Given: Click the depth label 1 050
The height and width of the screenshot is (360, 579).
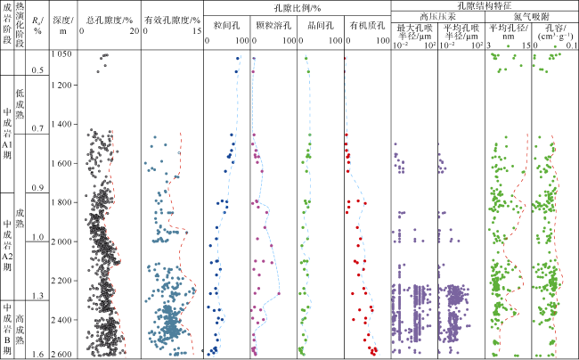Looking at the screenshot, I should coord(61,54).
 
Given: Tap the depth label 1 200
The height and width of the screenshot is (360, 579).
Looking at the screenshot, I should coord(61,85).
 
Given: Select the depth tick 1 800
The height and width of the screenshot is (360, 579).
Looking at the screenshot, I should coord(61,202).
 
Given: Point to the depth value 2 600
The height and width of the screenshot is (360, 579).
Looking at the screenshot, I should coord(61,355).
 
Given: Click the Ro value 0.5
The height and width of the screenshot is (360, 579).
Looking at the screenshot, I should coord(38,70).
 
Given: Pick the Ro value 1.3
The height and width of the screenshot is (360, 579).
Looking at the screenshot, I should coord(38,296).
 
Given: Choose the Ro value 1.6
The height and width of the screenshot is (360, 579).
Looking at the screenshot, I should coord(38,355).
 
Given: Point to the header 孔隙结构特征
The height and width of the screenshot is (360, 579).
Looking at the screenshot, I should coord(482,7).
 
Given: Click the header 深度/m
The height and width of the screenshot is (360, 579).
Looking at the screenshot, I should coord(61,25).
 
